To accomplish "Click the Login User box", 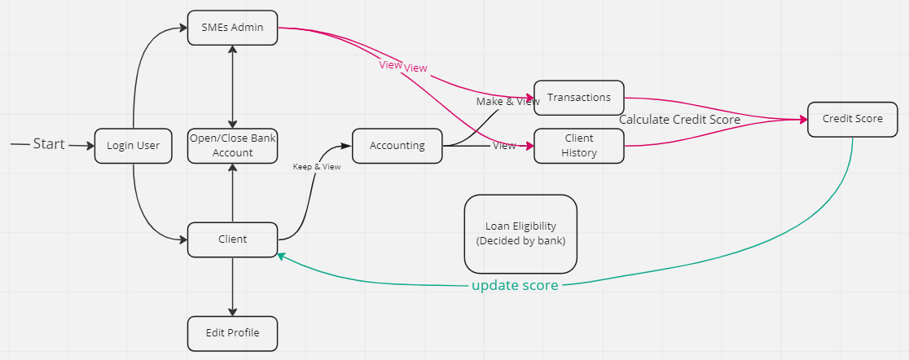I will [134, 146].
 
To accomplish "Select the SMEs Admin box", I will [232, 28].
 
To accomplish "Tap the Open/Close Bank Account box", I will [233, 146].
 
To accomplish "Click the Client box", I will [233, 239].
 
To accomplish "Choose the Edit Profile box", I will [233, 333].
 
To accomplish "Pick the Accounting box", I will [397, 146].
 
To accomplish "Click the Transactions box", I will [579, 98].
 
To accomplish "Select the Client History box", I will [579, 146].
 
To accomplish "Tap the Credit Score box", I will [853, 120].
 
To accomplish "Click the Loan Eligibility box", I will [520, 234].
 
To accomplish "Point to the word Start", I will [49, 144].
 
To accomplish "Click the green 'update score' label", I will [515, 286].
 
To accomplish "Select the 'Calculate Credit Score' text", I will [680, 120].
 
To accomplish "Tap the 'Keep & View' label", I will [316, 167].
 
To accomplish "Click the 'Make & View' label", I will [507, 102].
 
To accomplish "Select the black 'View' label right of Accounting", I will [504, 146].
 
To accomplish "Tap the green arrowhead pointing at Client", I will [282, 256].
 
